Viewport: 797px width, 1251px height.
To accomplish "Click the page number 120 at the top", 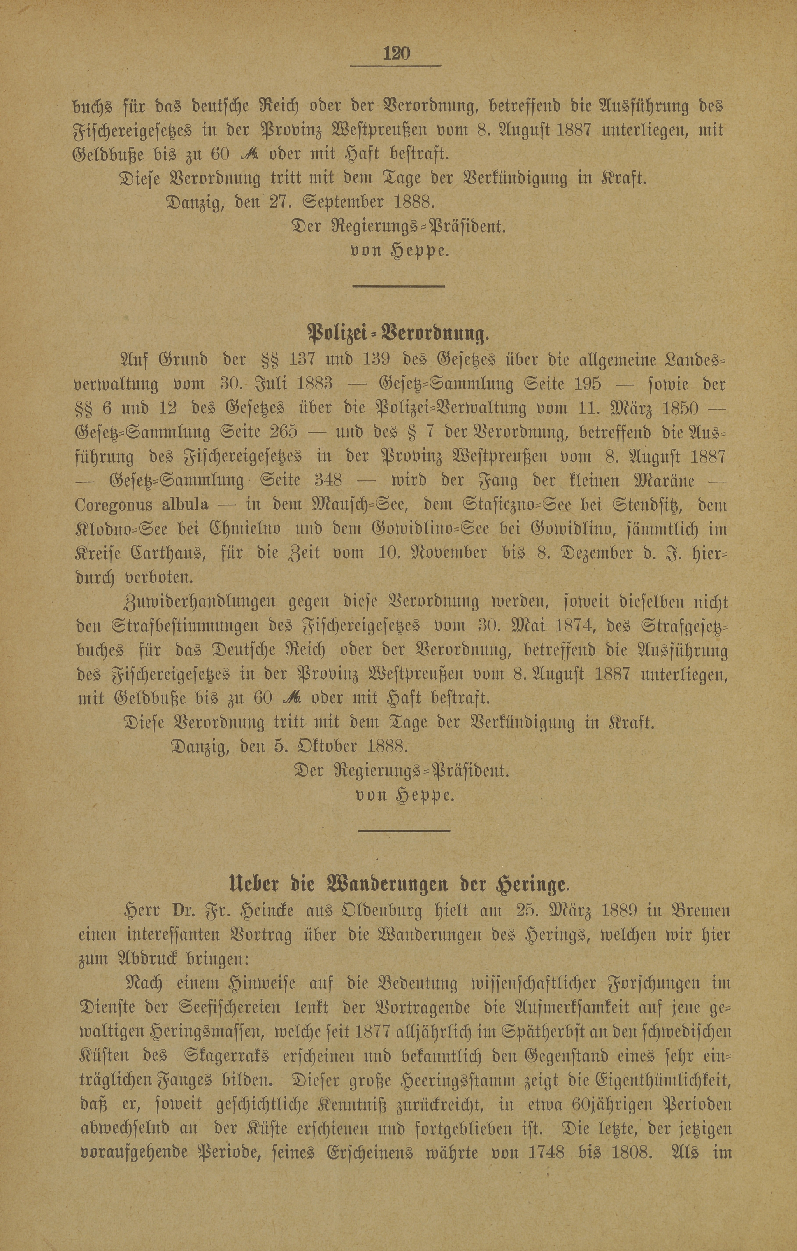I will (x=396, y=54).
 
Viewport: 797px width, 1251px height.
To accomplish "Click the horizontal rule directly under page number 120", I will (x=396, y=66).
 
